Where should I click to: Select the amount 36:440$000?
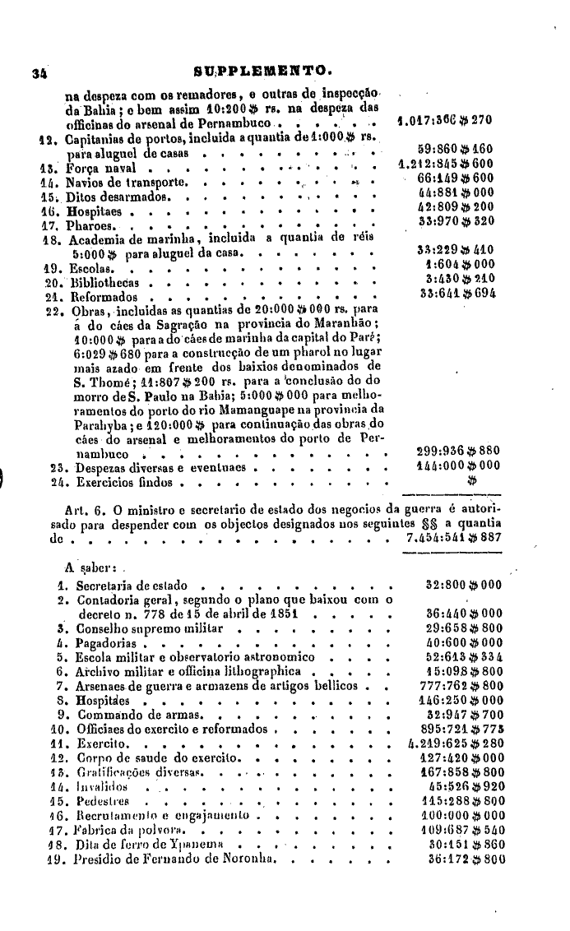(460, 614)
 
